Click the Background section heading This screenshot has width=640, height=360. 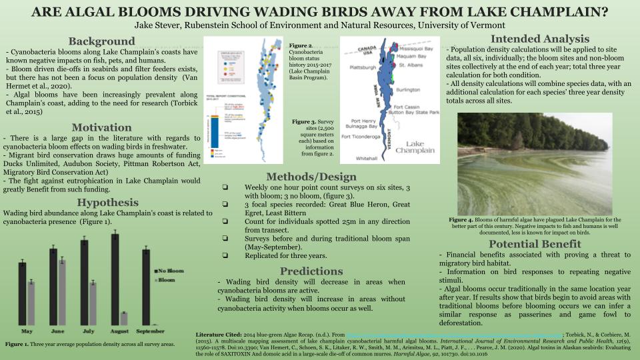[101, 41]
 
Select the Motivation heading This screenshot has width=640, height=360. [101, 127]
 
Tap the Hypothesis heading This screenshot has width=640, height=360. [107, 203]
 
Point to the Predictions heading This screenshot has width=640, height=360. [311, 271]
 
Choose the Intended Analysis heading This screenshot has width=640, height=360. [539, 39]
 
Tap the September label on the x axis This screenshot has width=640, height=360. [150, 331]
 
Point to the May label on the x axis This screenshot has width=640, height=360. [27, 331]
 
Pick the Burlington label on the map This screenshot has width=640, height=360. [408, 89]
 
